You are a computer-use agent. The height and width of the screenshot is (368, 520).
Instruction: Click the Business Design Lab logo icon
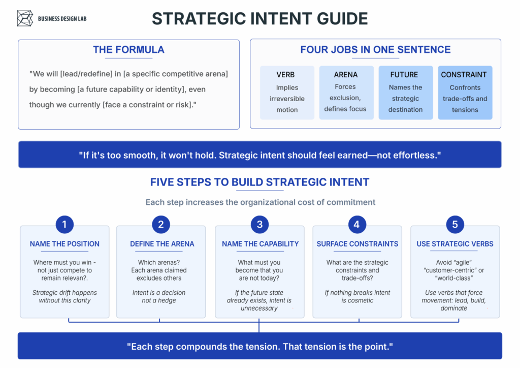[25, 18]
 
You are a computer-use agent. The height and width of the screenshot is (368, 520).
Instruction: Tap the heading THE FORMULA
[128, 50]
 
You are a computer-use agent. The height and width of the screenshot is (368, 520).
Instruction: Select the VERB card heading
[285, 75]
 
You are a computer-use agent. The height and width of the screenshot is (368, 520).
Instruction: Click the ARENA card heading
[346, 75]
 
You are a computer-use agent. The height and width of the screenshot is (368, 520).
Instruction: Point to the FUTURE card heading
[404, 75]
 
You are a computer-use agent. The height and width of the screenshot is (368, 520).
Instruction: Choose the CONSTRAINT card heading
[464, 75]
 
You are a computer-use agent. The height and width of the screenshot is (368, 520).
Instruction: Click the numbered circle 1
[64, 225]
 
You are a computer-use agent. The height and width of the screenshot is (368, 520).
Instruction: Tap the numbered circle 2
[161, 225]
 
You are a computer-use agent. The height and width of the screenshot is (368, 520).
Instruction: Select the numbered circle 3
[259, 225]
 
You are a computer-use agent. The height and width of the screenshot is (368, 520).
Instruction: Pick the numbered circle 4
[357, 225]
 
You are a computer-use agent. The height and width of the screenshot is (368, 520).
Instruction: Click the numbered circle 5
[455, 225]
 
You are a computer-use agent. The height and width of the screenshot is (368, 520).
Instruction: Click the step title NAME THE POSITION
[64, 244]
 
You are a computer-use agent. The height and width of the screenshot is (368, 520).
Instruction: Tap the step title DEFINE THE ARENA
[162, 244]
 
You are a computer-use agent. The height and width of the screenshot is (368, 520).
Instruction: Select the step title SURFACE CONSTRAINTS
[357, 244]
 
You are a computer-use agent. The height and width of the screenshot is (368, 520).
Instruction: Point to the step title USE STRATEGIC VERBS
[455, 244]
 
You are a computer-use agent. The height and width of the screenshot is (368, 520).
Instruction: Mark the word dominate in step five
[453, 308]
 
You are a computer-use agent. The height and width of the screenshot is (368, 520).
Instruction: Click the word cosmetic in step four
[361, 300]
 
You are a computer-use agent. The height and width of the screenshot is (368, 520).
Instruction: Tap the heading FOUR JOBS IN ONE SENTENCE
[375, 50]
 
